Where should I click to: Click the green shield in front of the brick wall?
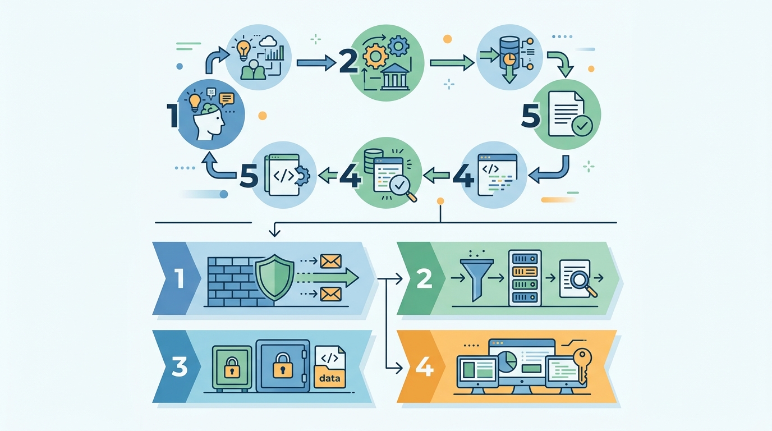point(274,277)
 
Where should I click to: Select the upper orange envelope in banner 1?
point(331,262)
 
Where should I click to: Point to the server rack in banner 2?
point(525,278)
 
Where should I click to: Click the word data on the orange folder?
point(330,378)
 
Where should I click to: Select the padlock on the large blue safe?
point(283,365)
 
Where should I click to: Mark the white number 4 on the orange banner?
point(424,368)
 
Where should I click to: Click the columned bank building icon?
point(396,77)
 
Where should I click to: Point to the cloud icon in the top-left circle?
point(268,42)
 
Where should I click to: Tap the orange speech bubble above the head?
point(226,99)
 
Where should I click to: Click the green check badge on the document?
point(582,126)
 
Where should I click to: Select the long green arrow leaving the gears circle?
point(452,63)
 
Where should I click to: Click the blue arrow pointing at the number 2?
point(316,63)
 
